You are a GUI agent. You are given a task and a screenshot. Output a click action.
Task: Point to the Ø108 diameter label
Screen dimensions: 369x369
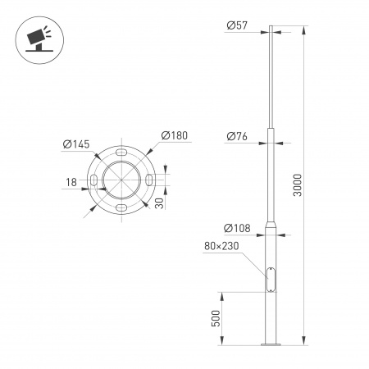tap(236, 227)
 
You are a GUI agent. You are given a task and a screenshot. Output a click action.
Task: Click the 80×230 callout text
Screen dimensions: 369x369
tap(221, 245)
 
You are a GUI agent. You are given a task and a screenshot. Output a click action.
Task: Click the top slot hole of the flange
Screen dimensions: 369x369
tap(121, 153)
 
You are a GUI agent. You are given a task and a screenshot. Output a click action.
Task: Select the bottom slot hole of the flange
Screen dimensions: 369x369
tap(121, 208)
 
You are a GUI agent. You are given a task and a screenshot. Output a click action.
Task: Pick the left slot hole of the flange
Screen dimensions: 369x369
tap(93, 180)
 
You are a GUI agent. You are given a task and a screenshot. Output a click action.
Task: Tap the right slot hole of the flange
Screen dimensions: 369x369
tap(148, 180)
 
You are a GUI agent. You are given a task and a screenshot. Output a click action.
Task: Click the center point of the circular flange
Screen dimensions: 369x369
tap(121, 180)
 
